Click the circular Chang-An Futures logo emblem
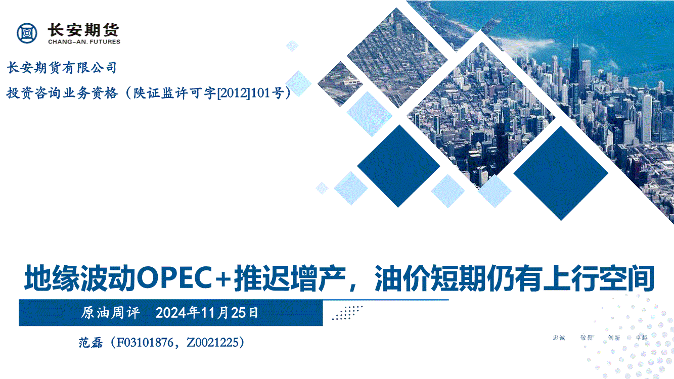point(27,33)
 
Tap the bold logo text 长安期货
point(83,30)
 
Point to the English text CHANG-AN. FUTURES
point(84,42)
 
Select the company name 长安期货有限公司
point(62,67)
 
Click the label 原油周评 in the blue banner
point(110,313)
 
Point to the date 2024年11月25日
point(207,313)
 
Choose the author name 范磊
point(91,343)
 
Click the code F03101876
point(145,343)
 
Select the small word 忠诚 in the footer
point(559,338)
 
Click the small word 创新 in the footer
point(614,338)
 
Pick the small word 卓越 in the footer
point(641,338)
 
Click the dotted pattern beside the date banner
point(347,313)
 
